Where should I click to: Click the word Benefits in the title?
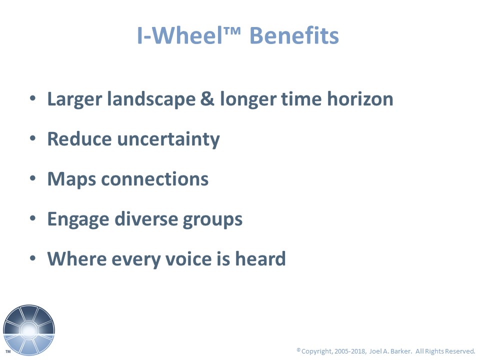point(294,35)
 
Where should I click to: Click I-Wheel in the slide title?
point(179,35)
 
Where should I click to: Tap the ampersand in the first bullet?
point(207,99)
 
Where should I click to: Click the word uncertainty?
point(168,139)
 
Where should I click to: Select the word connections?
point(155,179)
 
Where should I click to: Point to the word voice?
point(188,258)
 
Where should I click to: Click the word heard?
point(260,258)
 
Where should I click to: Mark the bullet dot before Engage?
point(33,218)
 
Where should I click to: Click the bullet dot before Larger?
point(33,98)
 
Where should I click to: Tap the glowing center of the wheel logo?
point(29,330)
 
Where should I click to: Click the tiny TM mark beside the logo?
point(8,351)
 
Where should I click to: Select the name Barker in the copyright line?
point(400,351)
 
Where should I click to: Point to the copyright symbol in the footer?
point(298,349)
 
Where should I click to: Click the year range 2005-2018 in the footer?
point(350,351)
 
